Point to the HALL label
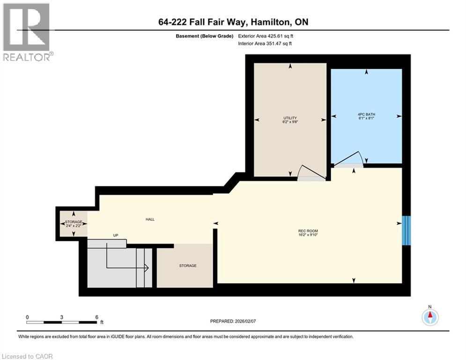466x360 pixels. [x=149, y=219]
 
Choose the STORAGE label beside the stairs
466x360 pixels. [x=187, y=266]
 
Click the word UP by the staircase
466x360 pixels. [x=115, y=235]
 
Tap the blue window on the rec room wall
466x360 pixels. [x=407, y=231]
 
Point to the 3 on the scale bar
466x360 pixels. [x=62, y=317]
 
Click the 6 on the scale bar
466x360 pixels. [x=96, y=317]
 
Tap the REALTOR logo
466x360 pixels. [x=26, y=32]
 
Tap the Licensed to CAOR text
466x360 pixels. [x=27, y=356]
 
